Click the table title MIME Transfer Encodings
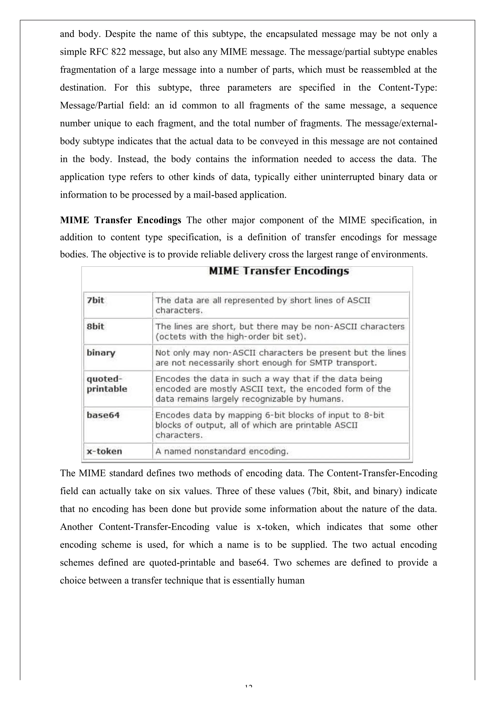[279, 271]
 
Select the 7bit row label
[95, 300]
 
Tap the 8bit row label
[95, 327]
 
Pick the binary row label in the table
[101, 353]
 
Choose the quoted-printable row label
[107, 384]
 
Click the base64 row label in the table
[103, 415]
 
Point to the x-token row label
[104, 451]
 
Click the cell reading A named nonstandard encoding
[222, 451]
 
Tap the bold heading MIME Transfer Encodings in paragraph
[121, 220]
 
